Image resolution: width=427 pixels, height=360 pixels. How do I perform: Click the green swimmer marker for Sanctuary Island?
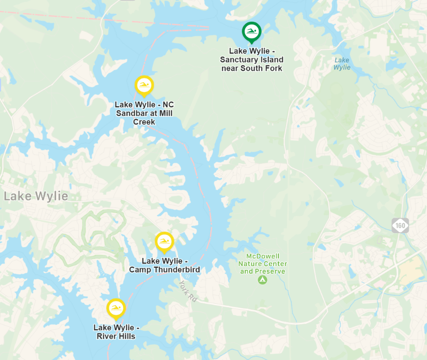pyautogui.click(x=251, y=32)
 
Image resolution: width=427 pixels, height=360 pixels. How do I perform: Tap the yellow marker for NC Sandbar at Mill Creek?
pyautogui.click(x=144, y=86)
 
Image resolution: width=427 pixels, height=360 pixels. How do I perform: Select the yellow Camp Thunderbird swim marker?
pyautogui.click(x=164, y=242)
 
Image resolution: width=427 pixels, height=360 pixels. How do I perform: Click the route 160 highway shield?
pyautogui.click(x=400, y=225)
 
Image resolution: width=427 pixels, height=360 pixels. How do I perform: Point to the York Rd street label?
pyautogui.click(x=188, y=291)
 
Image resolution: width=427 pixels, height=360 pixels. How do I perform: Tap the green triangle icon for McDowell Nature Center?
pyautogui.click(x=262, y=280)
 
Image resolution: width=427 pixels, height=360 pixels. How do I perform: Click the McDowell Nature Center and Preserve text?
pyautogui.click(x=263, y=264)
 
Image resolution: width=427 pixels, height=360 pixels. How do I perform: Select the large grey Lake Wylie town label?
pyautogui.click(x=36, y=196)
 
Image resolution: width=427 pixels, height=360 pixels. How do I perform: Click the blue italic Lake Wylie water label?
pyautogui.click(x=342, y=63)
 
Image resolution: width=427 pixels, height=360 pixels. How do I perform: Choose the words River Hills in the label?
pyautogui.click(x=116, y=336)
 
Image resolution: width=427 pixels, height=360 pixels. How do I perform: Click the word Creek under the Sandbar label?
pyautogui.click(x=144, y=122)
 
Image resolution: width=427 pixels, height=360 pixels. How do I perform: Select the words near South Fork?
pyautogui.click(x=251, y=68)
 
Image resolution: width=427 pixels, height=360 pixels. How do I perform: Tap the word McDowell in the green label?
pyautogui.click(x=263, y=256)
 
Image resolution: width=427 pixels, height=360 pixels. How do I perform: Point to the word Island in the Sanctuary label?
pyautogui.click(x=272, y=60)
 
